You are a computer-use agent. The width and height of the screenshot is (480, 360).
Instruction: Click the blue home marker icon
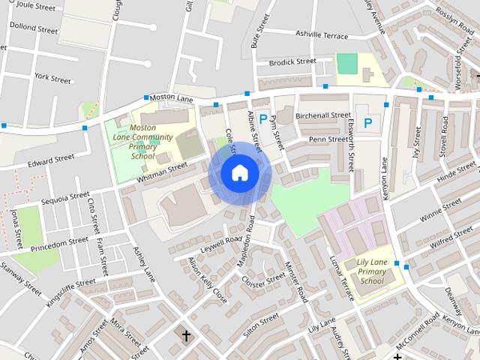(x=239, y=173)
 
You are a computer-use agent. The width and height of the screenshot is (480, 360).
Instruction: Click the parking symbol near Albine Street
(x=262, y=118)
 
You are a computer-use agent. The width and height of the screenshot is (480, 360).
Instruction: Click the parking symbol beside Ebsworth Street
(x=367, y=122)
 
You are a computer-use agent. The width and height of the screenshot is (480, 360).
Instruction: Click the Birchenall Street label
(x=323, y=116)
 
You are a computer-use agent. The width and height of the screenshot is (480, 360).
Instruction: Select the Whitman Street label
(x=161, y=173)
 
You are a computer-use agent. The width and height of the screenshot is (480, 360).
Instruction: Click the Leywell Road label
(x=223, y=244)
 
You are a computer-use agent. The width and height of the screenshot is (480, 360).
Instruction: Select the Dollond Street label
(x=33, y=31)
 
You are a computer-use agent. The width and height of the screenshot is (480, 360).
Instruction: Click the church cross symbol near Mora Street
(x=186, y=335)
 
